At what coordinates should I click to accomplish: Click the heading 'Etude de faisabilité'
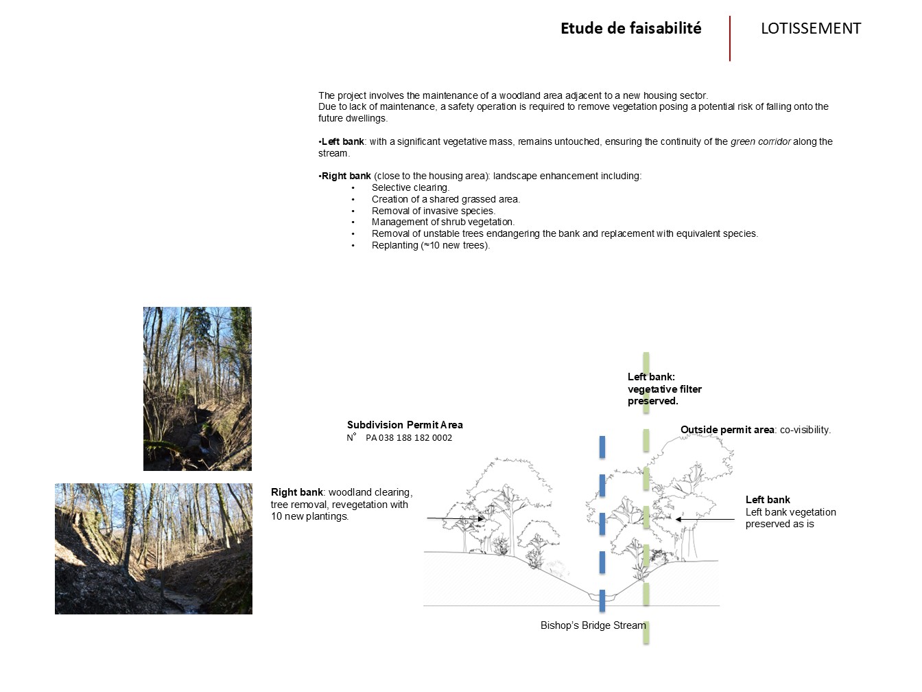[630, 28]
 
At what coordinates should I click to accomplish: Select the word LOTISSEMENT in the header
[810, 28]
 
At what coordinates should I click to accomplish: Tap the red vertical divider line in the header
[730, 38]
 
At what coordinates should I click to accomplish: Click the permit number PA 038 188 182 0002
[408, 438]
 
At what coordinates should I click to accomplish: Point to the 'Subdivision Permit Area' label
[405, 425]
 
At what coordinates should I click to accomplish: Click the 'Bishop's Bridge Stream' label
[593, 625]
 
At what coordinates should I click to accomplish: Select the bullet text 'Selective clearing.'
[410, 187]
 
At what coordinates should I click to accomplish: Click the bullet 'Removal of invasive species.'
[433, 211]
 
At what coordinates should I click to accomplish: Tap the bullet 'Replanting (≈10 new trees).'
[430, 245]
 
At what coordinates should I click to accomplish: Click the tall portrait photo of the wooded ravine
[198, 389]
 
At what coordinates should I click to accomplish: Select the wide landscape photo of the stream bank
[154, 549]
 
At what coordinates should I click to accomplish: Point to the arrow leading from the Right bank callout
[456, 518]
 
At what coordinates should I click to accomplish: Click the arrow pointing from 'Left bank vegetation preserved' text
[705, 519]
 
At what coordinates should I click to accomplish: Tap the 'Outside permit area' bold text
[727, 430]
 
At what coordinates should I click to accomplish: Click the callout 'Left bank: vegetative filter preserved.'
[664, 389]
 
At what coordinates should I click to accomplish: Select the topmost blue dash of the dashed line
[602, 446]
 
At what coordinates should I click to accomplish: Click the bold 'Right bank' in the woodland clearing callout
[296, 492]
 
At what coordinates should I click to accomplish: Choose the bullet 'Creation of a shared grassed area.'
[445, 199]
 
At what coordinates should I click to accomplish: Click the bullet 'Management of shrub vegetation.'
[442, 222]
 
